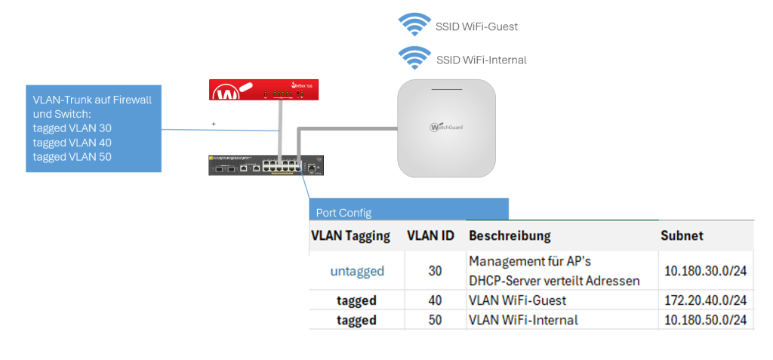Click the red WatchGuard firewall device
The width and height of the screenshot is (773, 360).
(x=264, y=91)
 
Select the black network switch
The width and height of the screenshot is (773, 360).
(x=266, y=165)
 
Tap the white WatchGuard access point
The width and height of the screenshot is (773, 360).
(x=446, y=128)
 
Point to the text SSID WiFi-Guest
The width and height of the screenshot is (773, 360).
(x=476, y=26)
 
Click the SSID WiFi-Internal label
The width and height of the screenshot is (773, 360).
(x=481, y=60)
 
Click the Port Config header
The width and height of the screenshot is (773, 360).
(x=343, y=213)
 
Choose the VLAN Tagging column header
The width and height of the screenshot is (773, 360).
(x=350, y=236)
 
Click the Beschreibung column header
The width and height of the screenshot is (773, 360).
(x=510, y=236)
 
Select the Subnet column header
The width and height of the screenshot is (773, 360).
(x=682, y=236)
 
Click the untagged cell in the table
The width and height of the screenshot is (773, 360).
(x=357, y=271)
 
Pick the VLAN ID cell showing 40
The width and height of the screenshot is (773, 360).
(x=435, y=300)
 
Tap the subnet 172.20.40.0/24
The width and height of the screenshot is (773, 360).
(x=705, y=300)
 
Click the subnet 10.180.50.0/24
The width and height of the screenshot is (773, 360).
(x=705, y=320)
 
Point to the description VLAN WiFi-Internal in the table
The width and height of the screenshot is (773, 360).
(x=523, y=320)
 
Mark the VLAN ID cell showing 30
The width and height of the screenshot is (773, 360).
(x=435, y=271)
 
